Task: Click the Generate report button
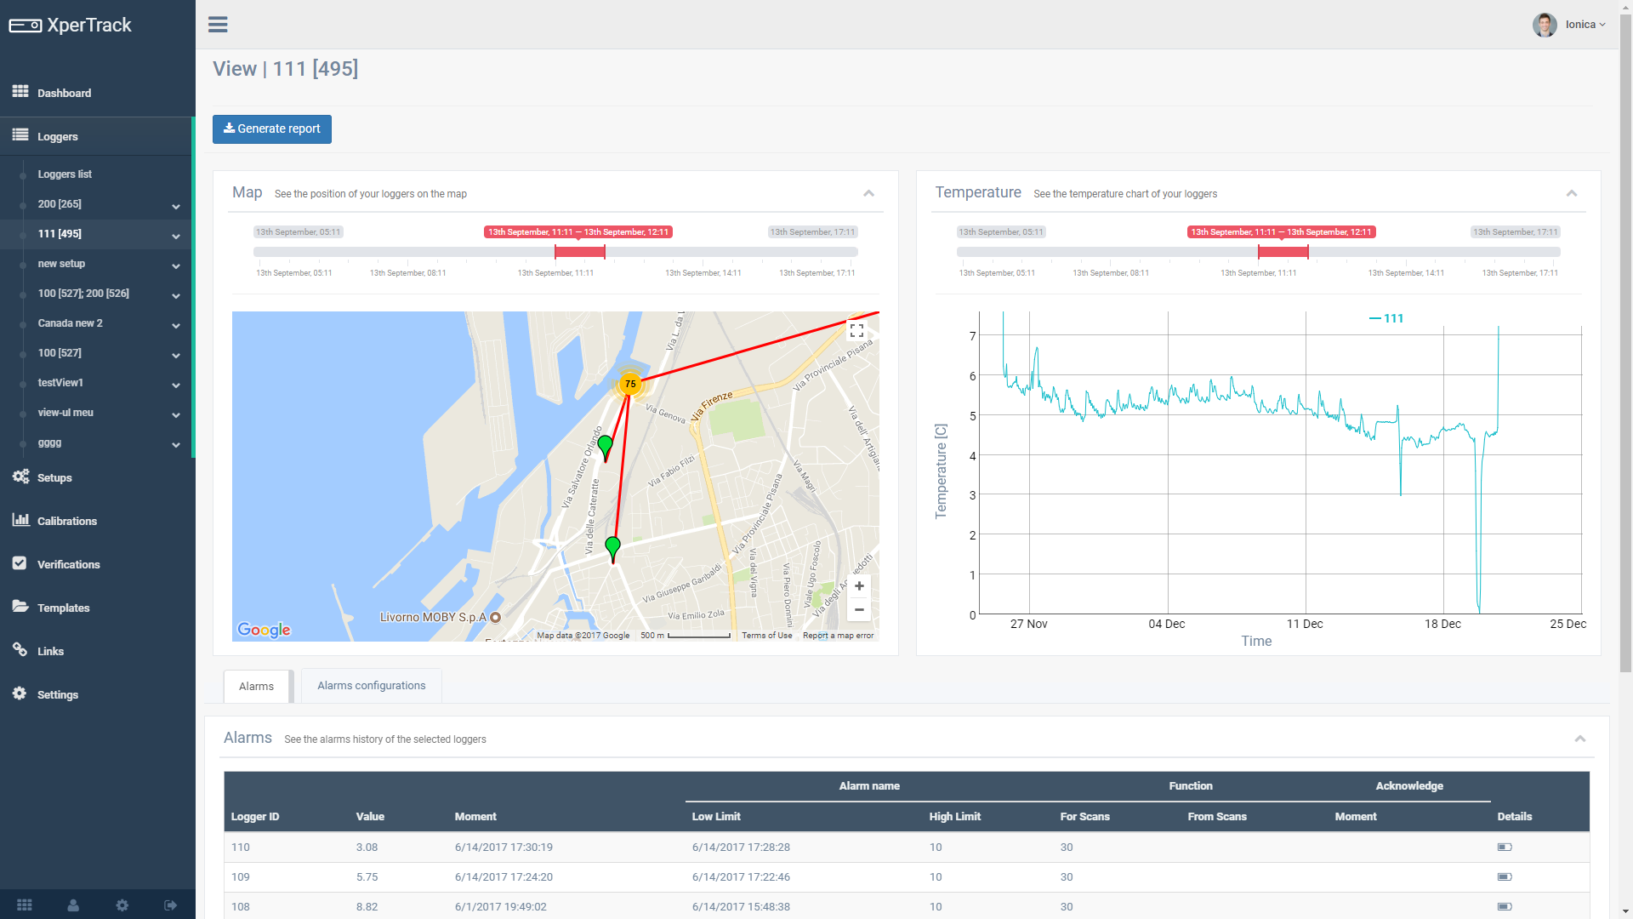[x=271, y=129]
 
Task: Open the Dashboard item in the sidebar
[x=64, y=93]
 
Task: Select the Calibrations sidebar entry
[x=66, y=521]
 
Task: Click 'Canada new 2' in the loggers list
[x=71, y=323]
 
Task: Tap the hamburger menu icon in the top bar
[x=218, y=25]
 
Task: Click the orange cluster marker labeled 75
[x=630, y=384]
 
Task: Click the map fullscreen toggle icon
[x=856, y=330]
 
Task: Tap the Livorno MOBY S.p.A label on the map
[x=433, y=617]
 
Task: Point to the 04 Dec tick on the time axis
[x=1166, y=624]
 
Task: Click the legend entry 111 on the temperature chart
[x=1386, y=318]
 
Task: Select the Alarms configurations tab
[x=371, y=686]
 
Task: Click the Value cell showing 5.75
[x=367, y=876]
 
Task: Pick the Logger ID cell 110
[x=241, y=847]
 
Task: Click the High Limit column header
[x=954, y=816]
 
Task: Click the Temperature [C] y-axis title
[x=941, y=471]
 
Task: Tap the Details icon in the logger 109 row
[x=1504, y=876]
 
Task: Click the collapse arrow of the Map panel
[x=868, y=193]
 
